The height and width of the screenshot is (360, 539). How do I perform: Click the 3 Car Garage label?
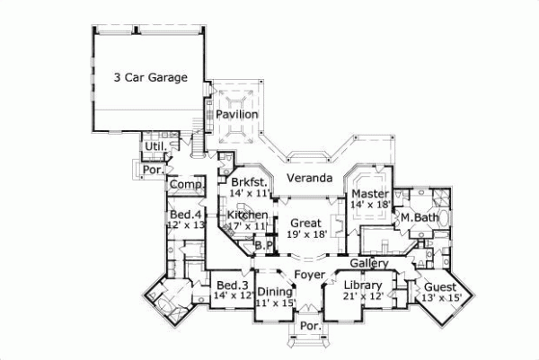150,77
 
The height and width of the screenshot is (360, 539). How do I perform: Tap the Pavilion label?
237,115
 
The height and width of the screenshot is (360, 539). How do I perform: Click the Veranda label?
310,179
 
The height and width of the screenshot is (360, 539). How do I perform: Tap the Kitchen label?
246,215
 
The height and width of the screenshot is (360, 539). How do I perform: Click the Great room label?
306,223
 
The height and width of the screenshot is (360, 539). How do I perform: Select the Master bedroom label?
369,194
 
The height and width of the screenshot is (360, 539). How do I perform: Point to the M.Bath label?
418,218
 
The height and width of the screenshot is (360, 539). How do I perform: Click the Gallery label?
369,264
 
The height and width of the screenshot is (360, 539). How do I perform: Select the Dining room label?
275,292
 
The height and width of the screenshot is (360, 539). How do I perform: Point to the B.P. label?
263,244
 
